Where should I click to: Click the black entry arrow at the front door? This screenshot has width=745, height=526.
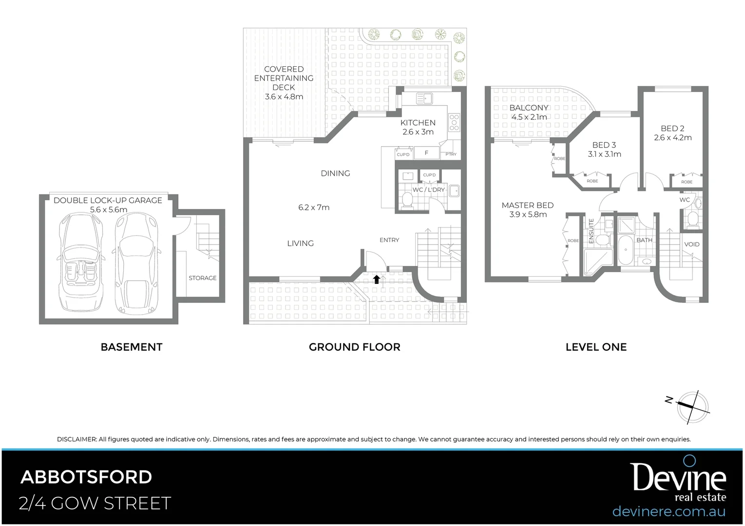pos(376,279)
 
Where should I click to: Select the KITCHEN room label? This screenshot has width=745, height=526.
pos(418,123)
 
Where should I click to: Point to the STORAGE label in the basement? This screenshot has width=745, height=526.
pos(202,278)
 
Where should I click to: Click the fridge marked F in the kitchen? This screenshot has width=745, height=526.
pos(426,153)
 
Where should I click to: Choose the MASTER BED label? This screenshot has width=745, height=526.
pos(527,206)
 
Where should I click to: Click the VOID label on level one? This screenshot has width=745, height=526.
pos(691,244)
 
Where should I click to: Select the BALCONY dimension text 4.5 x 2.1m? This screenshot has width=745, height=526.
pos(529,117)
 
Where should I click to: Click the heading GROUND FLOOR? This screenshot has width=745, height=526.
pos(354,347)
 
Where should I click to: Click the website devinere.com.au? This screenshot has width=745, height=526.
pos(669,512)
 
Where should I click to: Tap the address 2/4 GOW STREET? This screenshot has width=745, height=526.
pos(95,503)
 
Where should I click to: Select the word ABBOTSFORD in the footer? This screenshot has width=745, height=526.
pos(86,477)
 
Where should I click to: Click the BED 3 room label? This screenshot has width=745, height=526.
pos(604,145)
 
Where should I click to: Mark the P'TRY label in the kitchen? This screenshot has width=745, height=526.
pos(451,155)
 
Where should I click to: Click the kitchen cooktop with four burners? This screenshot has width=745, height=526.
pos(454,122)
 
